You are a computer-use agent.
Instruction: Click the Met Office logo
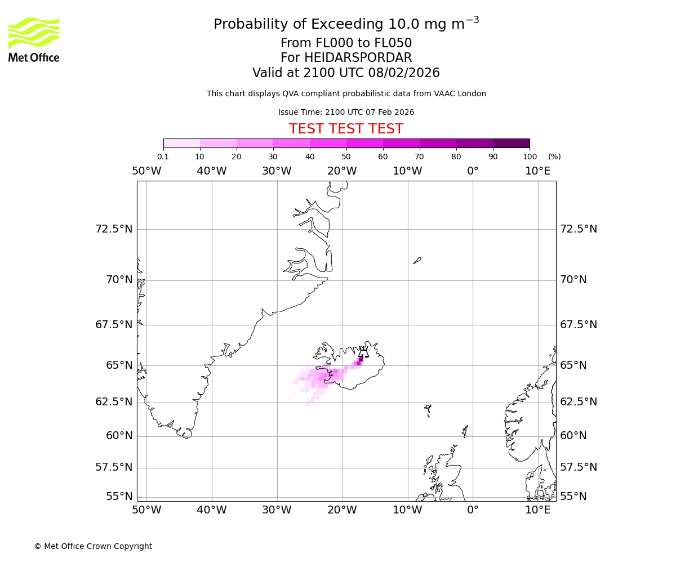pyautogui.click(x=34, y=39)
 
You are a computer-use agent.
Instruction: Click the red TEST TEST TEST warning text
pyautogui.click(x=346, y=129)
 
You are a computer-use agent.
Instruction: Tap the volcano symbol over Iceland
pyautogui.click(x=363, y=352)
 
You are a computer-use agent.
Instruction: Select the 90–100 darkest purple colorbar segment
pyautogui.click(x=511, y=143)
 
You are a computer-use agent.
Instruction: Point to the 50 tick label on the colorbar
pyautogui.click(x=346, y=157)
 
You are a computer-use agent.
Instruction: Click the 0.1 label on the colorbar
pyautogui.click(x=163, y=157)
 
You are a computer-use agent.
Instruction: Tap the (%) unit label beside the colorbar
pyautogui.click(x=554, y=157)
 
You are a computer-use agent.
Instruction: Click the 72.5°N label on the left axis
pyautogui.click(x=114, y=229)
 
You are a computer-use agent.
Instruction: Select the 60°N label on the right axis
pyautogui.click(x=573, y=435)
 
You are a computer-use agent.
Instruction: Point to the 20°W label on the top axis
pyautogui.click(x=342, y=171)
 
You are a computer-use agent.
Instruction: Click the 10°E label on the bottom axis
pyautogui.click(x=537, y=510)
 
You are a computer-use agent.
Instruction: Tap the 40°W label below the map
pyautogui.click(x=211, y=510)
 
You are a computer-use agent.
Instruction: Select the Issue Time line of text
pyautogui.click(x=346, y=112)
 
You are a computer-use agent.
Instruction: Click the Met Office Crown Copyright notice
pyautogui.click(x=93, y=546)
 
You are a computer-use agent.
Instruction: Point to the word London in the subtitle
pyautogui.click(x=473, y=93)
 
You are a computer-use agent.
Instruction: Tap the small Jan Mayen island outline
pyautogui.click(x=417, y=260)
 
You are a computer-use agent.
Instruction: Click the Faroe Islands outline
pyautogui.click(x=428, y=408)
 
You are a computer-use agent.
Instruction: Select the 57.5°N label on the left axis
pyautogui.click(x=114, y=467)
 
